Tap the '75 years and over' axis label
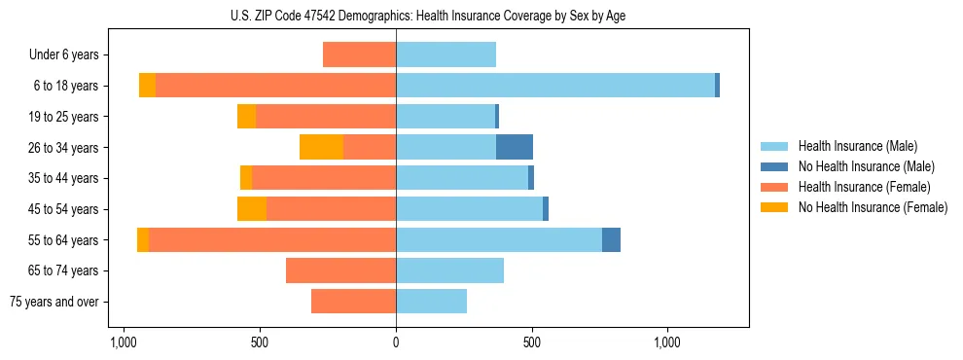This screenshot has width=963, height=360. [x=54, y=302]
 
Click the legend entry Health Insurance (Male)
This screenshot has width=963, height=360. [x=857, y=146]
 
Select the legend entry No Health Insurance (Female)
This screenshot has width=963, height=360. [x=873, y=207]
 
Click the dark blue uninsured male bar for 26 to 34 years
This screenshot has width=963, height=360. [x=515, y=147]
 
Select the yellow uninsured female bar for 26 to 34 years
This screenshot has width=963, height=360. [x=321, y=147]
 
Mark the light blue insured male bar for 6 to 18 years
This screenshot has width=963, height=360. [x=554, y=86]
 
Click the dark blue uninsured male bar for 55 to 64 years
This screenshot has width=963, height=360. [x=611, y=239]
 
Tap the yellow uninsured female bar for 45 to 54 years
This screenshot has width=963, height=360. [x=252, y=209]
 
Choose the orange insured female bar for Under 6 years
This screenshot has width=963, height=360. [x=359, y=54]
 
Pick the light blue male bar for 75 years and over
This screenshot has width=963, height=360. [x=431, y=302]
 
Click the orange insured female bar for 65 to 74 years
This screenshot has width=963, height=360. [x=340, y=270]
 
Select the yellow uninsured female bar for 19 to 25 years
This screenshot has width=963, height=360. [x=246, y=117]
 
